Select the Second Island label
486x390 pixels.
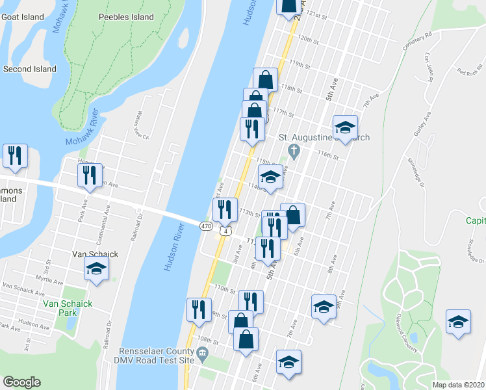[29, 69]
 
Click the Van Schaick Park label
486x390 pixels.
[68, 307]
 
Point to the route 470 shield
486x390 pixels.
[206, 226]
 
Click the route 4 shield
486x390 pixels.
[225, 231]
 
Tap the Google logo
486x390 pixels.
[21, 382]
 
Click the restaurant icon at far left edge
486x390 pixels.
[14, 156]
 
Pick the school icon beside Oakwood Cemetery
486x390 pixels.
[458, 322]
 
